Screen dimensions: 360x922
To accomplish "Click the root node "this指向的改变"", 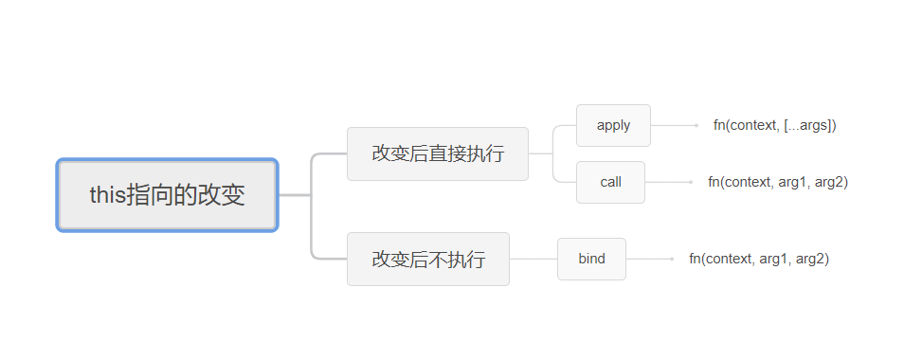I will tap(167, 195).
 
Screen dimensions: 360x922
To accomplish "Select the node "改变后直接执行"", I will tap(437, 153).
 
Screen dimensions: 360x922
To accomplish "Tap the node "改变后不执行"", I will tap(427, 259).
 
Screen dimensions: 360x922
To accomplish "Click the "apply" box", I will tap(613, 125).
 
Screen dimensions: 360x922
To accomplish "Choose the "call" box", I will tap(610, 182).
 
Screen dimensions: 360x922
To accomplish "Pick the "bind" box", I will tap(591, 259).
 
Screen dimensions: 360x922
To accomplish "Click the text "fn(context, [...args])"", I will tap(774, 125).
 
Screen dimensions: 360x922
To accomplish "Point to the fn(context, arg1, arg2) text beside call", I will tap(777, 182).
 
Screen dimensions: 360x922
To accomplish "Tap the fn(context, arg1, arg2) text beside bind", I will tap(758, 259).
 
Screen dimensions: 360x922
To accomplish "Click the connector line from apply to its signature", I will tap(673, 125).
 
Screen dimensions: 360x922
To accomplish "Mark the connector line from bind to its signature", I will tap(649, 259).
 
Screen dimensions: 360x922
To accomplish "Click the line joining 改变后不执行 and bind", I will tap(533, 259).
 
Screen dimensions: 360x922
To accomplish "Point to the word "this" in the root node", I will tap(107, 195).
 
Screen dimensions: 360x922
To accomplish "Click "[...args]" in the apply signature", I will tap(810, 125).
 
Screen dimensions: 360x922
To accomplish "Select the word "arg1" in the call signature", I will tap(795, 182).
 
